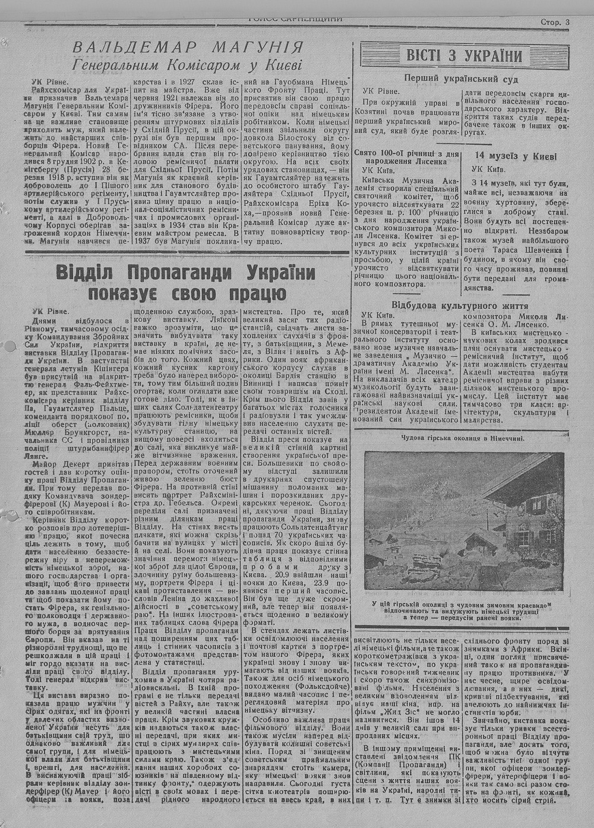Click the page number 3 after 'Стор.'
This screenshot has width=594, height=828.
click(x=567, y=22)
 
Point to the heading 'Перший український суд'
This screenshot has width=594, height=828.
click(x=461, y=78)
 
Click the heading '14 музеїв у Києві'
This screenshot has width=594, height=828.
click(x=516, y=156)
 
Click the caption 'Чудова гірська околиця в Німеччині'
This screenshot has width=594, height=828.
click(x=462, y=439)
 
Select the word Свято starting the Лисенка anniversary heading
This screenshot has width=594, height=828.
click(x=366, y=153)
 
